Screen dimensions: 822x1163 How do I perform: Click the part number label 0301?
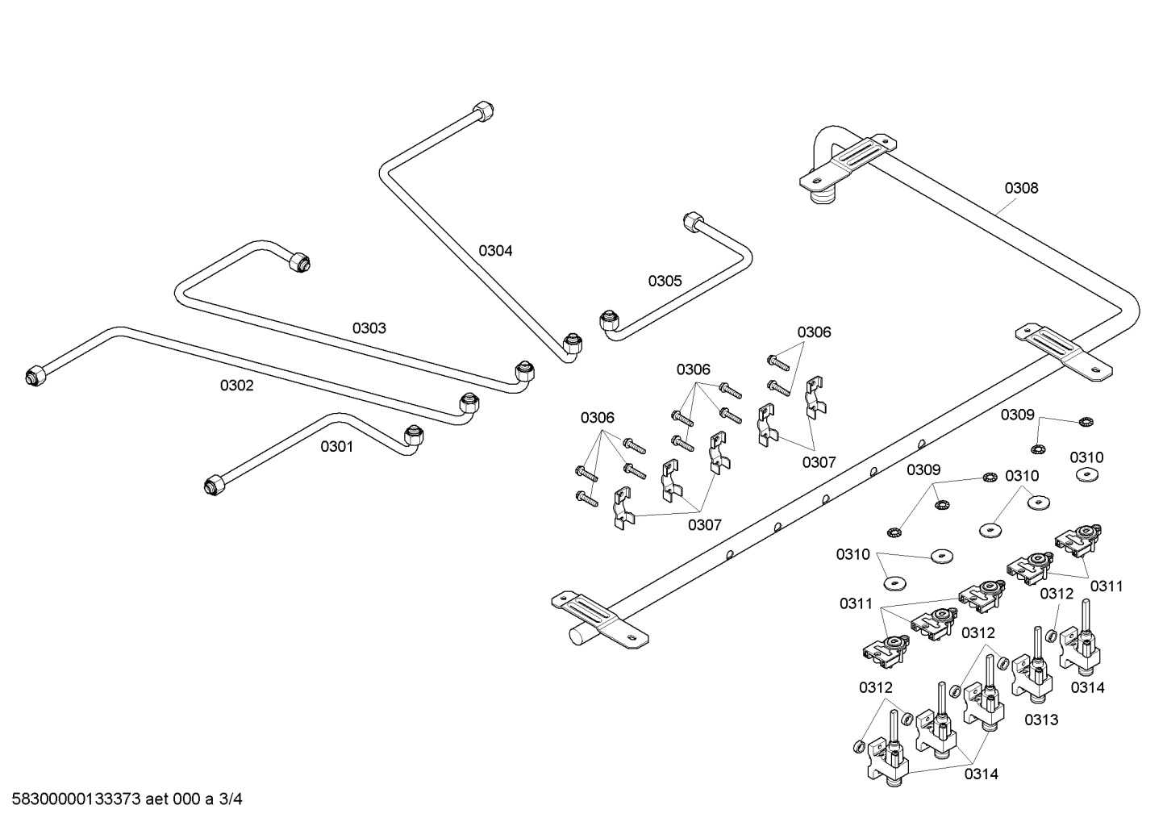pyautogui.click(x=336, y=446)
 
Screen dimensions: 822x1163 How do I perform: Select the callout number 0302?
pyautogui.click(x=236, y=386)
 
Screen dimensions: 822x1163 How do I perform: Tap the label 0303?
pyautogui.click(x=369, y=328)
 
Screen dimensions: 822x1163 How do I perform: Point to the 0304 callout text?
pyautogui.click(x=495, y=251)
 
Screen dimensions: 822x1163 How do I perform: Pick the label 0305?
pyautogui.click(x=665, y=281)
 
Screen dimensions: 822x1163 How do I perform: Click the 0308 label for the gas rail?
pyautogui.click(x=1021, y=188)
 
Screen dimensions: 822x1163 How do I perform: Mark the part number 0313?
pyautogui.click(x=1041, y=720)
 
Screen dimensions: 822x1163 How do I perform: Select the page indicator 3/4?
pyautogui.click(x=231, y=800)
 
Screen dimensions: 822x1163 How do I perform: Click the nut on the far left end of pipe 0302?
pyautogui.click(x=35, y=375)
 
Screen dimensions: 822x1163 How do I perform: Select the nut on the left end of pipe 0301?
pyautogui.click(x=214, y=485)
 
